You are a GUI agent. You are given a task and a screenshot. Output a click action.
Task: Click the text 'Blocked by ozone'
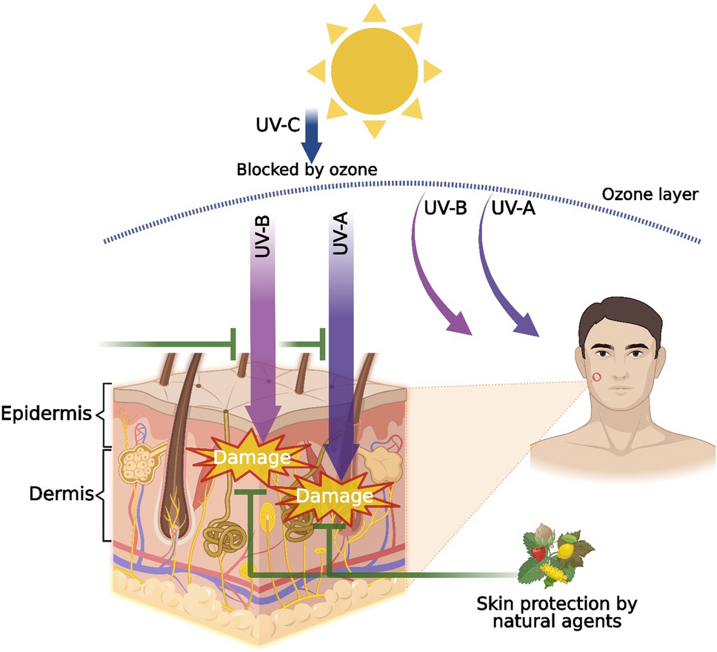(x=307, y=169)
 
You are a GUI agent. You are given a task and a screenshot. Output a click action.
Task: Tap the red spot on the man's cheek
(x=596, y=379)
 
